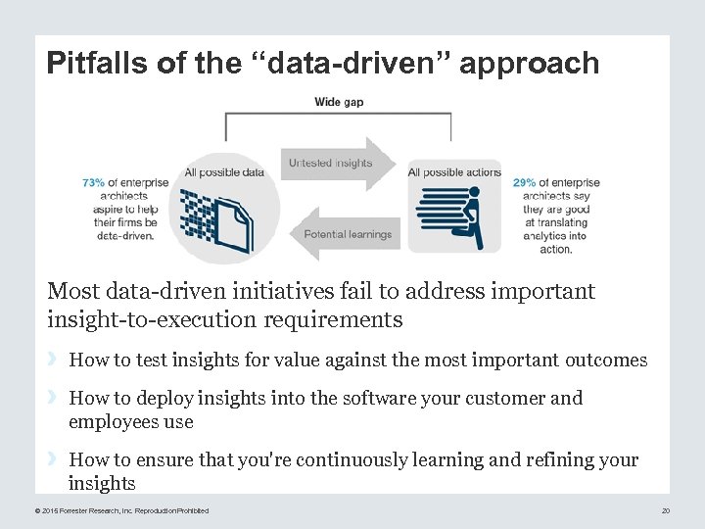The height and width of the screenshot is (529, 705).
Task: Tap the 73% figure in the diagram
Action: tap(93, 182)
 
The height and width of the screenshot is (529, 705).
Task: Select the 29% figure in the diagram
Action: tap(524, 182)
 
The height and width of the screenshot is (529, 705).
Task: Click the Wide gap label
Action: tap(339, 102)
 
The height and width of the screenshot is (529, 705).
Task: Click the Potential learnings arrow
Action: tap(345, 234)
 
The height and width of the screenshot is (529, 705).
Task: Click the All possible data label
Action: tap(224, 173)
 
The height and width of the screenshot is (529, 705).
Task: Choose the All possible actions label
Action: tap(454, 173)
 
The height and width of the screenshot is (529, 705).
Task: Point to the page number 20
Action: tap(665, 510)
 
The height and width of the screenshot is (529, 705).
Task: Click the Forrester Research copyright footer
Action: tap(121, 510)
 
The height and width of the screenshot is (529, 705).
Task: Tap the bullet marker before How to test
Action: tap(55, 360)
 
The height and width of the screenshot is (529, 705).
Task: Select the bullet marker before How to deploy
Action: tap(55, 398)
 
